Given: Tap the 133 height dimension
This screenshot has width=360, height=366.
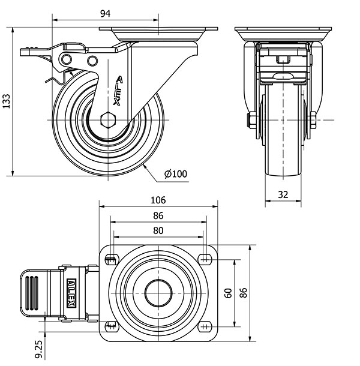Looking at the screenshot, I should [7, 102].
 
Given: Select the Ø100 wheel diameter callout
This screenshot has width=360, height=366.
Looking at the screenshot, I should [176, 174].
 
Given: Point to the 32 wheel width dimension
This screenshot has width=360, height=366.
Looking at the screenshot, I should [284, 194].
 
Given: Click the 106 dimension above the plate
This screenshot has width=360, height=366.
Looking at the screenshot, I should [158, 200].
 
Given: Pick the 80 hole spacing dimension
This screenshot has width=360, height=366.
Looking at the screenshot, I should [158, 230].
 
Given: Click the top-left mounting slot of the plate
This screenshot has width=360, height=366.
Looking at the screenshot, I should [111, 259].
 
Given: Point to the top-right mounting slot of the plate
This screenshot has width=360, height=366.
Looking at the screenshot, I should [206, 259].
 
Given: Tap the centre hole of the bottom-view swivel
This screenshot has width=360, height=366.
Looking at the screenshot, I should [158, 292].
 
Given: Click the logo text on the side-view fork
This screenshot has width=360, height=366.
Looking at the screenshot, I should [118, 90].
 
